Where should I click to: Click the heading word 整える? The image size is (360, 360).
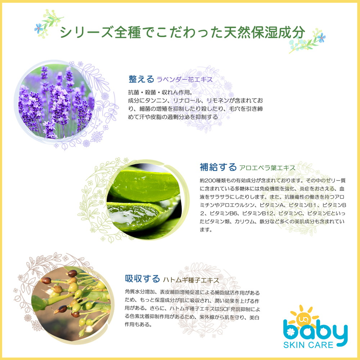[x=141, y=79]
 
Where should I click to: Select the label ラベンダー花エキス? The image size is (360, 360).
[x=185, y=80]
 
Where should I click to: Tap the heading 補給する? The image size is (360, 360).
[x=218, y=167]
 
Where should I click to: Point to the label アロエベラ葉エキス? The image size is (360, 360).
[x=267, y=168]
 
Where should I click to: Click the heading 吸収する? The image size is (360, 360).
[x=142, y=279]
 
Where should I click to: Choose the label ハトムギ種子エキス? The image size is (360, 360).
[x=191, y=280]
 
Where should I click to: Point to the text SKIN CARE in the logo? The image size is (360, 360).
[x=309, y=345]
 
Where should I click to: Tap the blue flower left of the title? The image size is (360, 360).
[x=39, y=28]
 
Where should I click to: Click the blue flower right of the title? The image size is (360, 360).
[x=321, y=37]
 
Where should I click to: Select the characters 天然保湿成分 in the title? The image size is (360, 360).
[x=264, y=32]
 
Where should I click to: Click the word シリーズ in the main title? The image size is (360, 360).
[x=86, y=32]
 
